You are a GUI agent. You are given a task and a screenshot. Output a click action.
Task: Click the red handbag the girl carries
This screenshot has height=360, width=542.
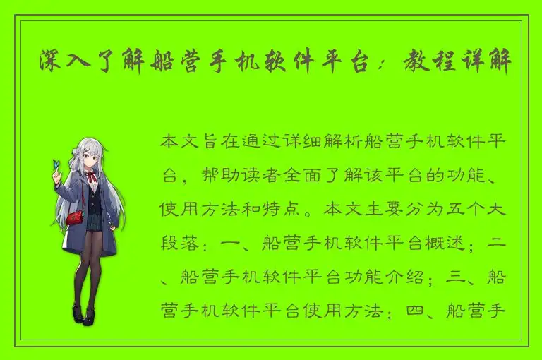click(75, 217)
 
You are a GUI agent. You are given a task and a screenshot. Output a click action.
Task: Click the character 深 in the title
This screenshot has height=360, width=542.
click(51, 64)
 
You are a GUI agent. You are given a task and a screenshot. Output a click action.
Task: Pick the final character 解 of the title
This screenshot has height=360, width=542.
click(510, 64)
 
